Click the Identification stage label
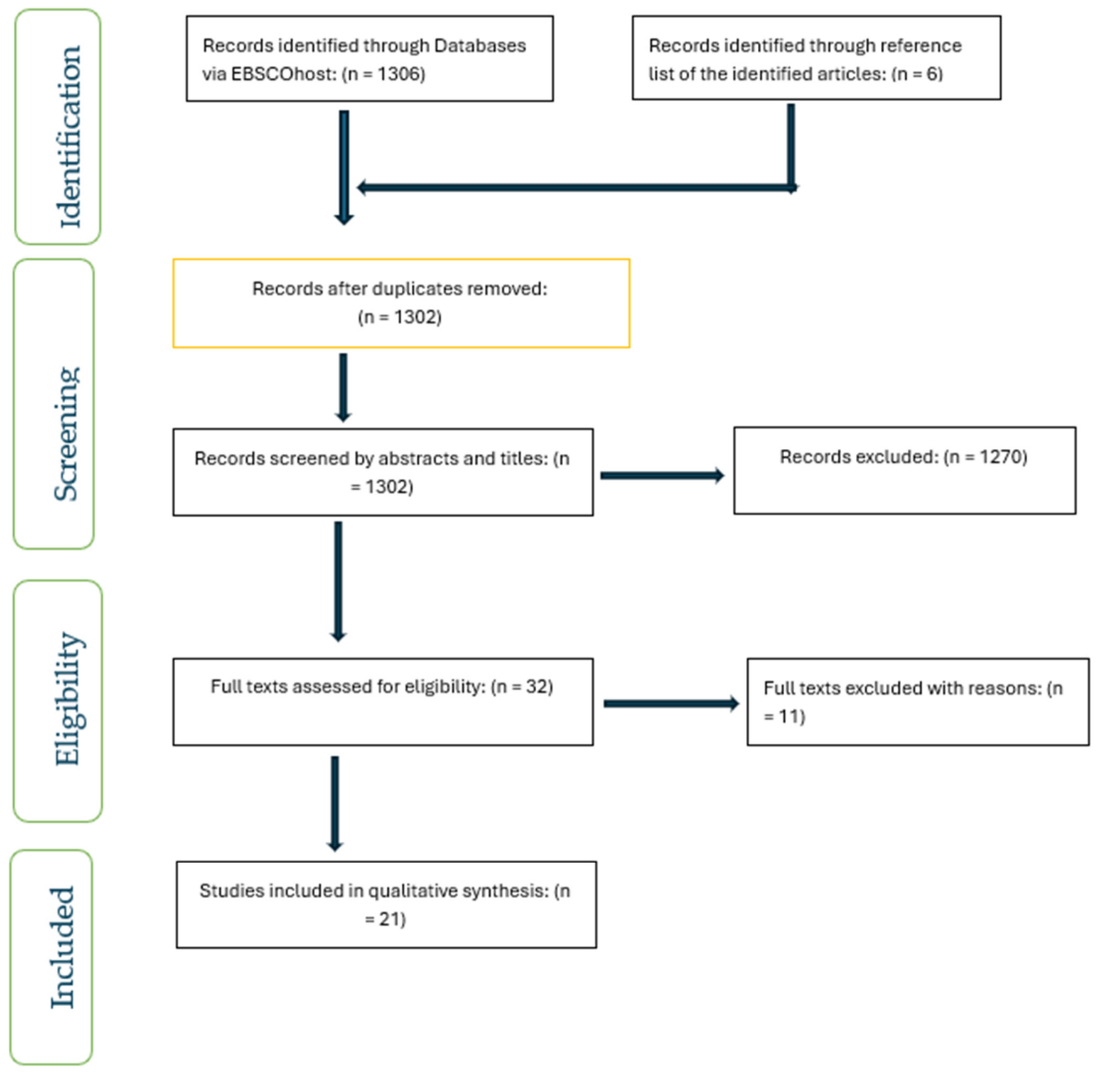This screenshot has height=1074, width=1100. pos(70,136)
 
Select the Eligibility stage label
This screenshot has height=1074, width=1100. pos(68,699)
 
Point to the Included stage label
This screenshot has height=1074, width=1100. pos(62,948)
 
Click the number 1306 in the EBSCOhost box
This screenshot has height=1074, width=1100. pos(398,74)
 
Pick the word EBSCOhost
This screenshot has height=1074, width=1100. pos(283,74)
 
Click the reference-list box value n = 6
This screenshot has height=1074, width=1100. pos(917,74)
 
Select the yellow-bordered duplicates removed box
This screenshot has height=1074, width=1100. pos(401,303)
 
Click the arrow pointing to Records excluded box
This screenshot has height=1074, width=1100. pos(662,475)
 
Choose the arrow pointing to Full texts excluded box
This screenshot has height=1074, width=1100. pos(671,704)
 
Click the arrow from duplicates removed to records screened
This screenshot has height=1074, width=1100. pos(343,387)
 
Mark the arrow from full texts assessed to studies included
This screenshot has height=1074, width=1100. pos(335,803)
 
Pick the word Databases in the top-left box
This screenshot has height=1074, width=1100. pos(480,46)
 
